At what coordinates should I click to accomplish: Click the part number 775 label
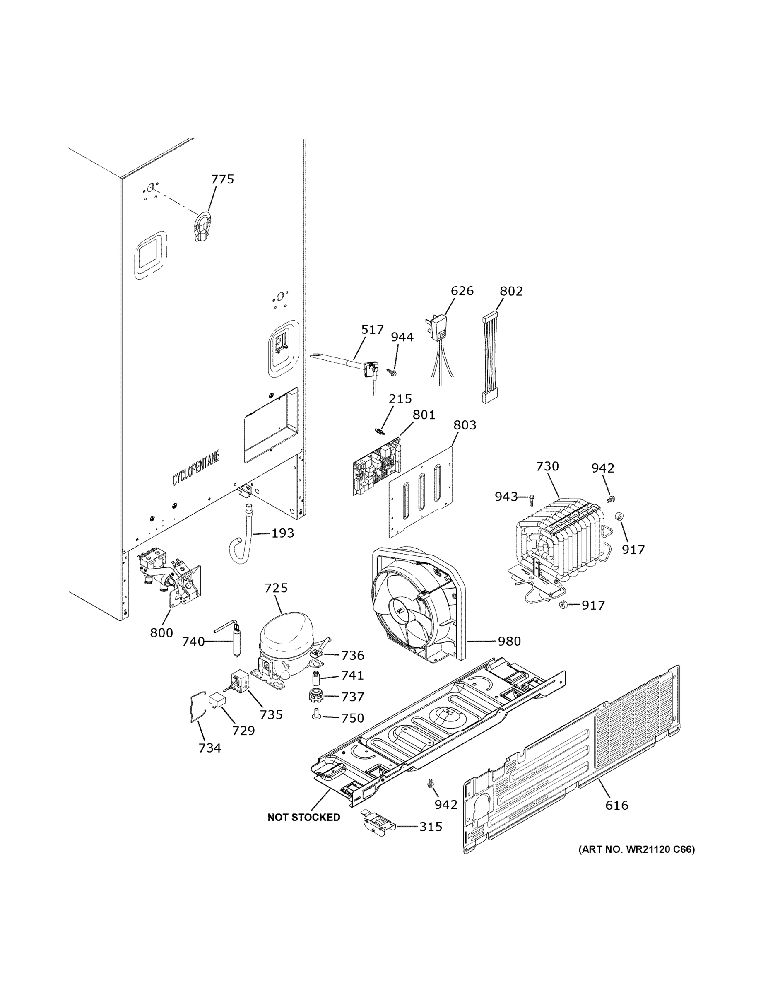tap(222, 179)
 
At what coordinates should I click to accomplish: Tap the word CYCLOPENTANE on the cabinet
tap(196, 468)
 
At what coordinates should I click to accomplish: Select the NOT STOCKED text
tap(303, 818)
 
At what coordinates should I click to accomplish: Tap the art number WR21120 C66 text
tap(636, 849)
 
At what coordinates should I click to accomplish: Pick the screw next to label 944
tap(392, 373)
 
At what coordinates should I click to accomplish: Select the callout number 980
tap(509, 641)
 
